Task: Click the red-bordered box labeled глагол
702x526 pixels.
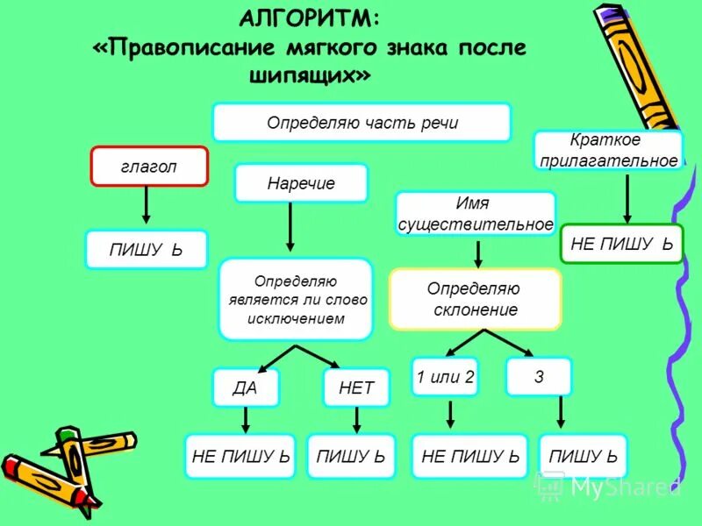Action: pyautogui.click(x=149, y=167)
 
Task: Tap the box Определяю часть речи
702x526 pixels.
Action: pyautogui.click(x=362, y=123)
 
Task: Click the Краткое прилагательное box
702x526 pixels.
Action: pyautogui.click(x=608, y=150)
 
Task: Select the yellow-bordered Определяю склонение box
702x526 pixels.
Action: pyautogui.click(x=475, y=299)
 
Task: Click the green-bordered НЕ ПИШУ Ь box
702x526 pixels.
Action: pyautogui.click(x=621, y=244)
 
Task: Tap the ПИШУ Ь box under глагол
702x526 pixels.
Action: pyautogui.click(x=146, y=250)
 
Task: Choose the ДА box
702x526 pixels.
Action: pyautogui.click(x=245, y=387)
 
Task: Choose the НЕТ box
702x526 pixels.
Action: pyautogui.click(x=356, y=387)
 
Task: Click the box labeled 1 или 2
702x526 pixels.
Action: pyautogui.click(x=445, y=377)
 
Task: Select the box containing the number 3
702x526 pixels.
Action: pyautogui.click(x=539, y=377)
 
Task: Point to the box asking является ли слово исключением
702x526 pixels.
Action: pyautogui.click(x=296, y=300)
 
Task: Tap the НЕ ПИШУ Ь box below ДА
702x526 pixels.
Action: pyautogui.click(x=240, y=456)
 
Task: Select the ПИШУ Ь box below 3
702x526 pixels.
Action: pyautogui.click(x=583, y=456)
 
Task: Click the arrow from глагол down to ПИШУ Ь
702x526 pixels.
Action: pyautogui.click(x=146, y=206)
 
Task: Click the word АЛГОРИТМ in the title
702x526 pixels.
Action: pyautogui.click(x=310, y=18)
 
